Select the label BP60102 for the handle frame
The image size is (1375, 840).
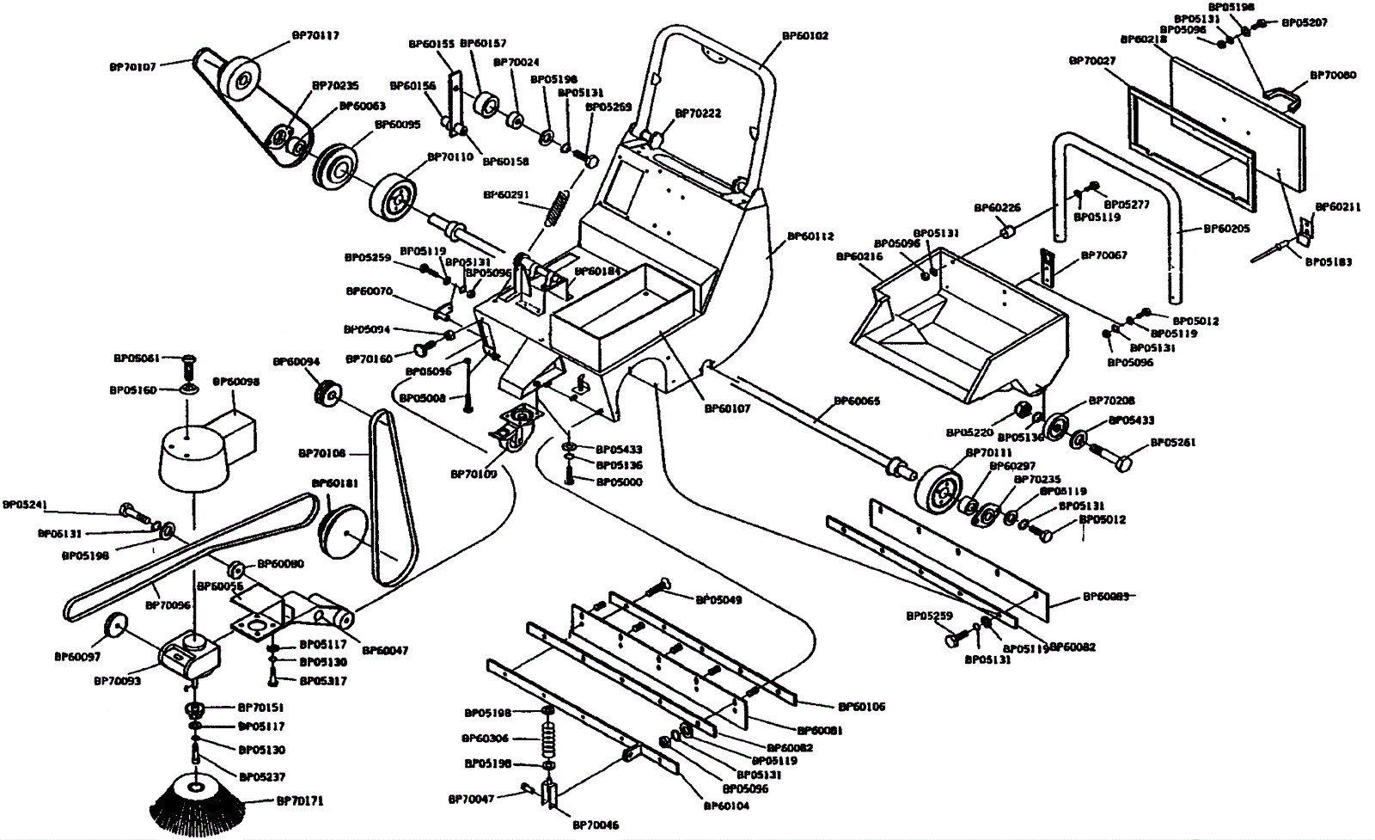(805, 37)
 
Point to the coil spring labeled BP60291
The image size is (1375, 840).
(557, 208)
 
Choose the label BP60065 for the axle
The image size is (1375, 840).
(857, 402)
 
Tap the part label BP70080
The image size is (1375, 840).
(1333, 75)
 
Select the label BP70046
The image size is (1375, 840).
(596, 825)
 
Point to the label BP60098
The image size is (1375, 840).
(235, 381)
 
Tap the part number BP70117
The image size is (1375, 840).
(315, 36)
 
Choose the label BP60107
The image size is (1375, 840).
(728, 409)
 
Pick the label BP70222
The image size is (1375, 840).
(698, 113)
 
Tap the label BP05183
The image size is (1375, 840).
(1329, 261)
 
